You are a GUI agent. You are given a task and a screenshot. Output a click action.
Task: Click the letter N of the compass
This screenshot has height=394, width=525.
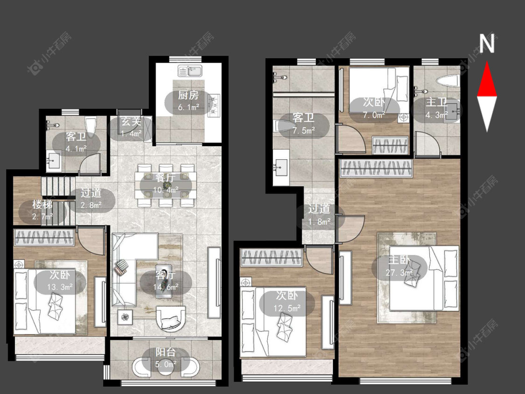pyautogui.click(x=487, y=43)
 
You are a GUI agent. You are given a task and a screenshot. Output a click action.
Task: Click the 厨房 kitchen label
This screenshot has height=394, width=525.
pyautogui.click(x=188, y=95)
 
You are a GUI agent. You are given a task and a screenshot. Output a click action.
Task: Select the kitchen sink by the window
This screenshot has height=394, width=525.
pyautogui.click(x=190, y=71)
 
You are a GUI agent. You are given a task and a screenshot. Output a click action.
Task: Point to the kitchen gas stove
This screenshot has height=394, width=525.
pyautogui.click(x=214, y=106)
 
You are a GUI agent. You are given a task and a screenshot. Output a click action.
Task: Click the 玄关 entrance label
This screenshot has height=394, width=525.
pyautogui.click(x=131, y=121)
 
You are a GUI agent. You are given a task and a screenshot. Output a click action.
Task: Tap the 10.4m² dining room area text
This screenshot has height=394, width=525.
pyautogui.click(x=166, y=190)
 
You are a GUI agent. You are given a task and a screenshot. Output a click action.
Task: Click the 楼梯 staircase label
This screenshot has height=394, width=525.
pyautogui.click(x=42, y=204)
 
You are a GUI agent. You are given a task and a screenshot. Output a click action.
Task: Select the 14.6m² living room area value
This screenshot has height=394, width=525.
pyautogui.click(x=166, y=287)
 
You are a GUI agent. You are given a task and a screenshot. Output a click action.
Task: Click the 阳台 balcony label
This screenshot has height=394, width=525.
pyautogui.click(x=166, y=352)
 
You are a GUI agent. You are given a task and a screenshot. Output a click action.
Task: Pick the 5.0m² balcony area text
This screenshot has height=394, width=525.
pyautogui.click(x=166, y=364)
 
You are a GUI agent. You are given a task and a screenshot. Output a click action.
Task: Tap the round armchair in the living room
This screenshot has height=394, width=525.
pyautogui.click(x=171, y=318)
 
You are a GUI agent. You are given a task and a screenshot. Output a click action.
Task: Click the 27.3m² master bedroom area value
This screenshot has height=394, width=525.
pyautogui.click(x=399, y=273)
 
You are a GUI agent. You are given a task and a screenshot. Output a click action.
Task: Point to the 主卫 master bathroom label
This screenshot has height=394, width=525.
pyautogui.click(x=437, y=102)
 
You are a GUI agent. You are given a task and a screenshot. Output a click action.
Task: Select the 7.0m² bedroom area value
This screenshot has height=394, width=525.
pyautogui.click(x=374, y=115)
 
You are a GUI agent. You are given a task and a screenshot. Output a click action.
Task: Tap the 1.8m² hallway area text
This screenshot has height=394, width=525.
pyautogui.click(x=319, y=221)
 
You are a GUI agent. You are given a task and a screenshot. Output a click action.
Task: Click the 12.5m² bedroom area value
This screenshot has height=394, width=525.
pyautogui.click(x=287, y=308)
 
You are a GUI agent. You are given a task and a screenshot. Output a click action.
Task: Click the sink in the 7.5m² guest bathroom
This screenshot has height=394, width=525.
pyautogui.click(x=281, y=167)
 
